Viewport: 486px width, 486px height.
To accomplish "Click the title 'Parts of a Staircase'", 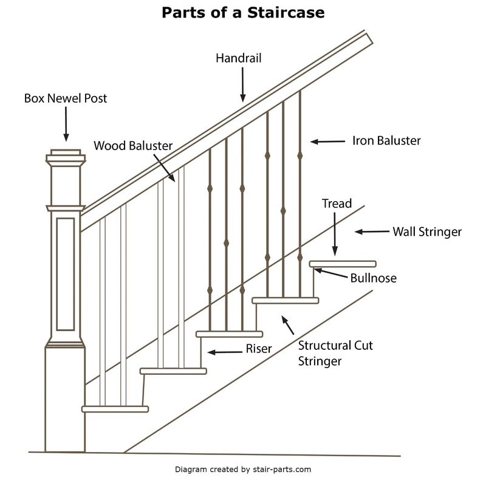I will click(x=242, y=13).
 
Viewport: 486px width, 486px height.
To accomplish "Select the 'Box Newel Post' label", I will click(x=66, y=97).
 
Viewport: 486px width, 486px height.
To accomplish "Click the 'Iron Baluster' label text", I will click(x=386, y=140).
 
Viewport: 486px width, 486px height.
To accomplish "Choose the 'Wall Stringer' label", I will click(x=426, y=231).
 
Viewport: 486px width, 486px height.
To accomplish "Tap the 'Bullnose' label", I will click(x=373, y=278).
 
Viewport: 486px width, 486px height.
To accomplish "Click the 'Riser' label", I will click(x=259, y=349).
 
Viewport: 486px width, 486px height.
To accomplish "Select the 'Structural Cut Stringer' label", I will click(x=335, y=353).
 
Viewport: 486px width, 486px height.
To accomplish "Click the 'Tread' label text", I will click(x=337, y=204).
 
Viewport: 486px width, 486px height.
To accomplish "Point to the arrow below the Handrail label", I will click(x=242, y=86).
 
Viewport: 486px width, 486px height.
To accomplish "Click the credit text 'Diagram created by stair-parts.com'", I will click(x=242, y=470).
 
